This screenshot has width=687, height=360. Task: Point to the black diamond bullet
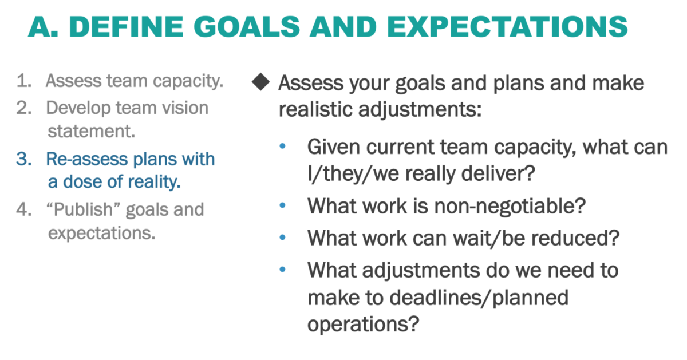point(260,83)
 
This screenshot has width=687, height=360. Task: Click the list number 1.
point(23,81)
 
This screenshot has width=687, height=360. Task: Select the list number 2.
point(23,108)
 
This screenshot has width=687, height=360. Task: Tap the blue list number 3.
point(23,159)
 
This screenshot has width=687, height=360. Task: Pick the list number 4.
point(23,209)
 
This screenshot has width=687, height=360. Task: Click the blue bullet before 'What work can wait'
point(282,238)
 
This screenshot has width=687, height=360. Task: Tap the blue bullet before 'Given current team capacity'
point(282,147)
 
